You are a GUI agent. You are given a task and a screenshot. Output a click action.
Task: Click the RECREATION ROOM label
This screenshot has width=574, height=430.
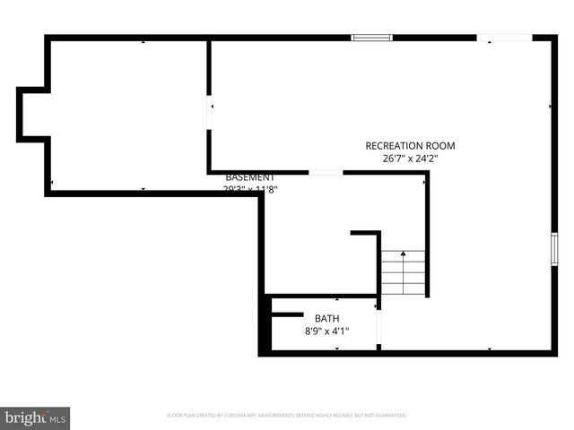(x=410, y=145)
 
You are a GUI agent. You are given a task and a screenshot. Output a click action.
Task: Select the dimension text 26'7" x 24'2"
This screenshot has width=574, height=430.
(x=410, y=159)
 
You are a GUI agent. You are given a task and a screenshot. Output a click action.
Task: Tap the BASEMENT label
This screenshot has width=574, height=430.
(x=250, y=177)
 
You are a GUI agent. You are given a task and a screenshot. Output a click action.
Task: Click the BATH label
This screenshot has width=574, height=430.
(x=326, y=318)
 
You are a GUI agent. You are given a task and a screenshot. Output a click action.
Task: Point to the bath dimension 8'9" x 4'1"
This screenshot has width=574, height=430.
(x=326, y=331)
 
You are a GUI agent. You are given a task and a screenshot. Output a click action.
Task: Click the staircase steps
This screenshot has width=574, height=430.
(x=404, y=273)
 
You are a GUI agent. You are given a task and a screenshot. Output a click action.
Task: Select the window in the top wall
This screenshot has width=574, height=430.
(x=371, y=38)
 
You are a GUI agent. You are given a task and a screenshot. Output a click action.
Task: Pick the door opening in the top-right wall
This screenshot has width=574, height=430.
(x=504, y=38)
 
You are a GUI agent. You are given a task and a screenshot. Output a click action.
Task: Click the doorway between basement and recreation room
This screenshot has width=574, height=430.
(x=210, y=114)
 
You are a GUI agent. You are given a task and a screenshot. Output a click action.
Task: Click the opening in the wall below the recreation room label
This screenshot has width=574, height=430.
(x=326, y=172)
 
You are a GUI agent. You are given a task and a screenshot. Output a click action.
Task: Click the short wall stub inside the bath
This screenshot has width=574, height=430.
(x=287, y=314)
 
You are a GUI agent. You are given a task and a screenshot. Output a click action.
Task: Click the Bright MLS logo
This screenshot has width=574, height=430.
(x=35, y=417)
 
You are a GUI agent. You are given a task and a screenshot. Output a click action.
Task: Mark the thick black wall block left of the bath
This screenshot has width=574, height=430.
(x=265, y=327)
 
